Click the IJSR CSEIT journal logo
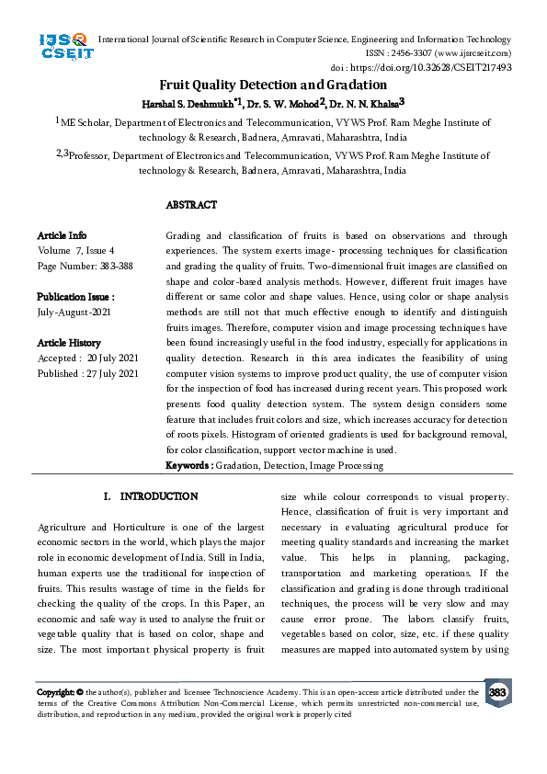63,46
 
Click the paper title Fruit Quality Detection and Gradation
273,85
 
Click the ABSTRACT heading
191,205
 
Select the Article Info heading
63,236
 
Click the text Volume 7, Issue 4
76,250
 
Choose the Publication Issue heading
76,297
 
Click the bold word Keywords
188,466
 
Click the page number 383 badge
497,692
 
